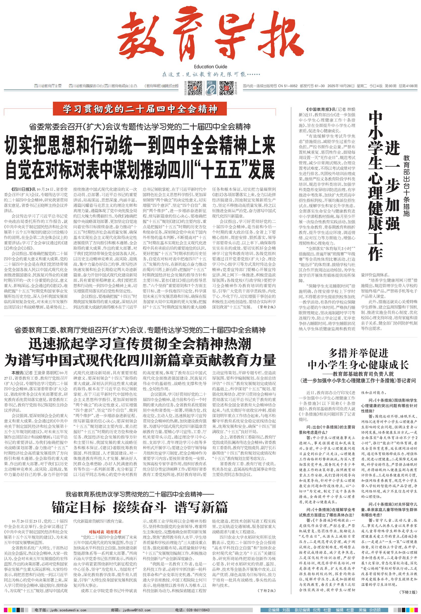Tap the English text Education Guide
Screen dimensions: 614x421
click(210, 67)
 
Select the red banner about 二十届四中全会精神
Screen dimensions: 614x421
click(140, 109)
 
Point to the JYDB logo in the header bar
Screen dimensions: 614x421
click(211, 88)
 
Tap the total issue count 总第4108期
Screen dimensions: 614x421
click(408, 86)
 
